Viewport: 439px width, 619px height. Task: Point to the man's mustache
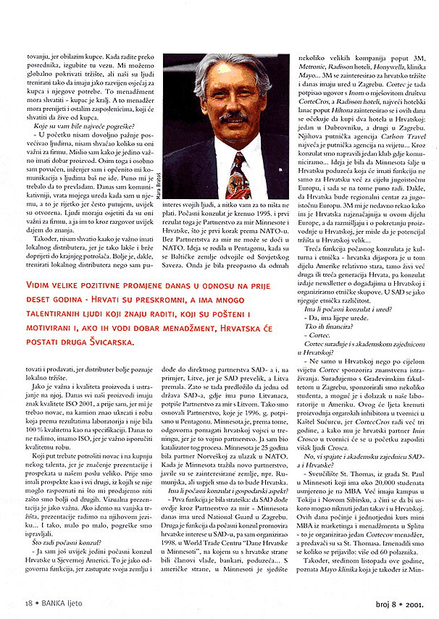click(x=233, y=117)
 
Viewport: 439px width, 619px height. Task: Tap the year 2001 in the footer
click(x=422, y=601)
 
